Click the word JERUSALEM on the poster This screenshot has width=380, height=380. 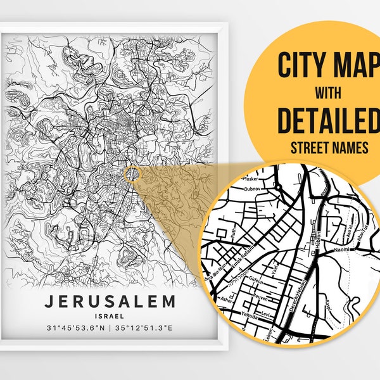(110, 300)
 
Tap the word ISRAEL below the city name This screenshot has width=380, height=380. (110, 315)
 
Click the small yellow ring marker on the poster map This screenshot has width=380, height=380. (131, 174)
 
